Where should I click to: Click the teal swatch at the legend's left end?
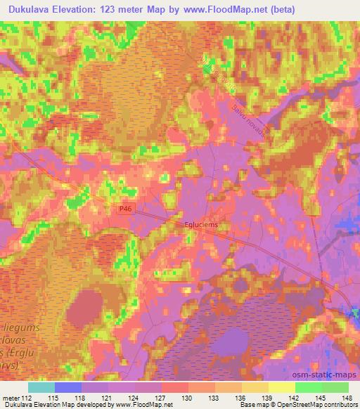pyautogui.click(x=41, y=387)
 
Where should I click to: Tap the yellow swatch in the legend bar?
pyautogui.click(x=281, y=387)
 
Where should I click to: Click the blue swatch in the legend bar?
pyautogui.click(x=68, y=387)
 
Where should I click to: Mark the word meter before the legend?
pyautogui.click(x=11, y=398)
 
